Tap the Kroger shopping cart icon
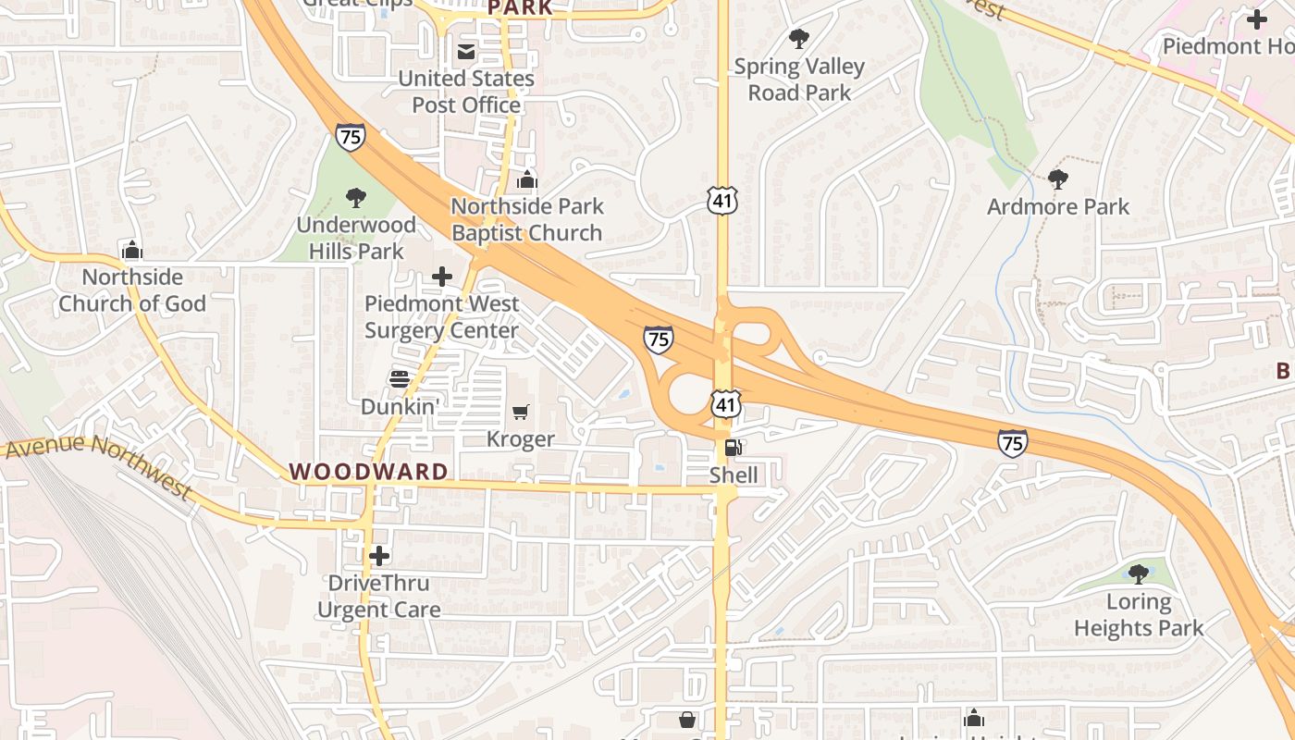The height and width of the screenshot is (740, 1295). (x=521, y=412)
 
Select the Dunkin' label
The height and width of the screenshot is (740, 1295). (x=399, y=406)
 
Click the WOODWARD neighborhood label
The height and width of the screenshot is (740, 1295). (x=369, y=472)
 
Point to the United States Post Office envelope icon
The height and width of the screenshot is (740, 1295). (x=466, y=52)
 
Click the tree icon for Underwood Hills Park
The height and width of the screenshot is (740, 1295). (x=355, y=197)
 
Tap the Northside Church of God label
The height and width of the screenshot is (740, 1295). (x=132, y=290)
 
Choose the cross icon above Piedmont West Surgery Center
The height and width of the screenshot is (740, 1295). (x=442, y=276)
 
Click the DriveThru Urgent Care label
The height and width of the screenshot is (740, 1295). (x=378, y=597)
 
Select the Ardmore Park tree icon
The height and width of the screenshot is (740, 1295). (x=1058, y=179)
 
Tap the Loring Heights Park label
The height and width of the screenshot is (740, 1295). (x=1138, y=615)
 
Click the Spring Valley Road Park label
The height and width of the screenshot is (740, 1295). (x=799, y=80)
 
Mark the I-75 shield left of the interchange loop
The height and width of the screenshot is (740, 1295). (x=659, y=339)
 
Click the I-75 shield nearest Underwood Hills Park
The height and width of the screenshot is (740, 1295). (x=351, y=137)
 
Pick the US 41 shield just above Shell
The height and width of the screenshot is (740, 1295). (x=726, y=404)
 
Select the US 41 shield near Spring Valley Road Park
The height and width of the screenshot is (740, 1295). (x=722, y=200)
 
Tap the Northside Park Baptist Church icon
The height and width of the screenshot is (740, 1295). (x=527, y=179)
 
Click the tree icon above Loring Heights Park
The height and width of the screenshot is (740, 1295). (x=1139, y=574)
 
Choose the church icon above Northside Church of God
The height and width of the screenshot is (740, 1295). (x=132, y=250)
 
